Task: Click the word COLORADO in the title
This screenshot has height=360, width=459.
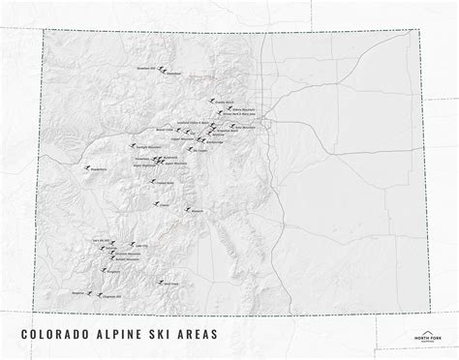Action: [56, 334]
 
